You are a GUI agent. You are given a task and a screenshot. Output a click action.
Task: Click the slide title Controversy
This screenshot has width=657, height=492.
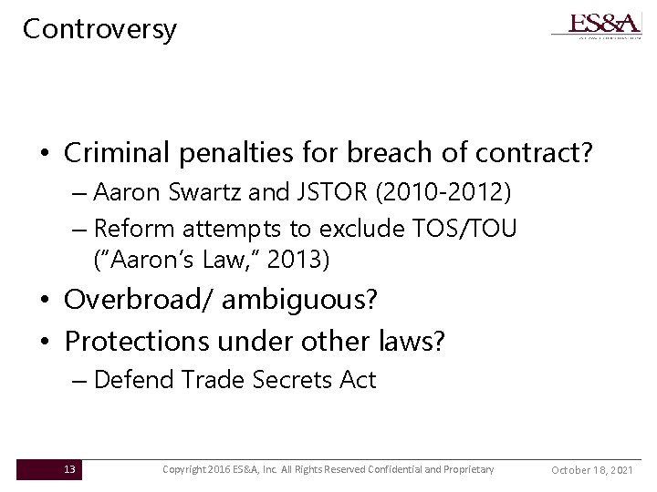pos(99,29)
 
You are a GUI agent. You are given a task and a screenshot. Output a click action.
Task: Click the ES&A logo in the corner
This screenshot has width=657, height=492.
pos(595,25)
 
